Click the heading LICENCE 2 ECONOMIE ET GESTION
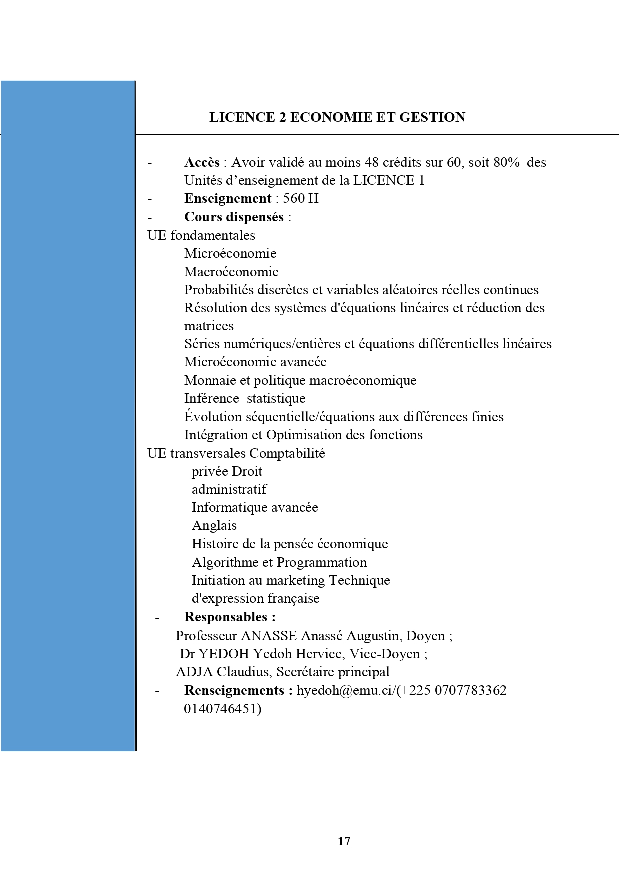tap(337, 117)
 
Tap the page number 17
tap(344, 841)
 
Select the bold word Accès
tap(202, 162)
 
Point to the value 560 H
tap(301, 199)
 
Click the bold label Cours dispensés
tap(234, 217)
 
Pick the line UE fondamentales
tap(201, 235)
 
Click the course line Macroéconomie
tap(231, 272)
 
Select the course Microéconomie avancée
tap(255, 362)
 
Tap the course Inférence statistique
tap(245, 398)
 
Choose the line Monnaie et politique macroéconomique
tap(300, 380)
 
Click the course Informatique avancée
tap(255, 507)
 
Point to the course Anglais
tap(214, 525)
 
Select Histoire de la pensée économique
tap(290, 544)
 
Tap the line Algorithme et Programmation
tap(279, 562)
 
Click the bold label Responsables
tap(229, 617)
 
